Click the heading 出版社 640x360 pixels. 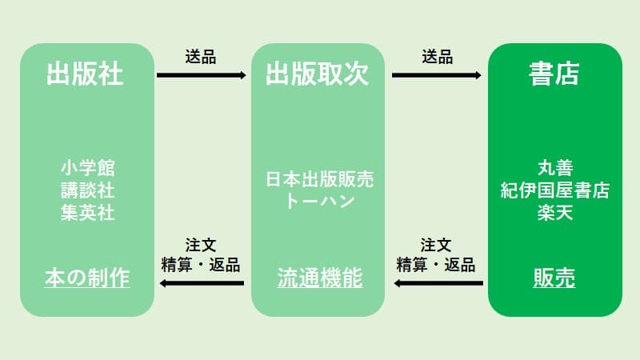click(87, 74)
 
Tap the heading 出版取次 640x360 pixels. click(318, 74)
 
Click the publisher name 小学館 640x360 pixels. click(87, 168)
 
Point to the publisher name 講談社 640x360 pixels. click(87, 190)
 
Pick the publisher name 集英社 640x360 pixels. click(87, 212)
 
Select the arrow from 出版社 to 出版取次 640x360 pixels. click(202, 75)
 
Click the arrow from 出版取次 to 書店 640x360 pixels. click(437, 75)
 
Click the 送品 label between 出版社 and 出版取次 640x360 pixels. click(200, 58)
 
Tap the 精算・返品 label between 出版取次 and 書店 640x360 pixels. click(437, 265)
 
